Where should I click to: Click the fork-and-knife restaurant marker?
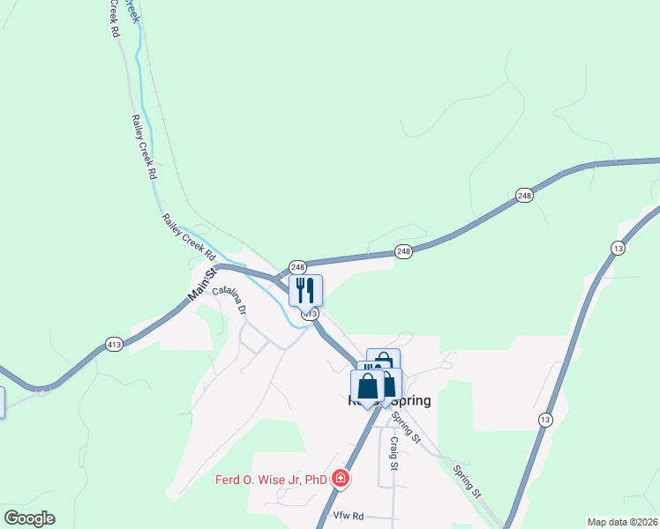305,290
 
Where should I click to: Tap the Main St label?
202,284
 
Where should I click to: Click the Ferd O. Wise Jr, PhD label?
271,481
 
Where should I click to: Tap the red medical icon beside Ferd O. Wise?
340,480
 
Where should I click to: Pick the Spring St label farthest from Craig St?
468,481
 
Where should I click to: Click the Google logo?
28,518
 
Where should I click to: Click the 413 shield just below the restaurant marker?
309,314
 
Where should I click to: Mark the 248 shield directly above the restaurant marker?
297,266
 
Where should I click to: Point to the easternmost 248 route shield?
524,196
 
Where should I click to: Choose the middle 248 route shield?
403,251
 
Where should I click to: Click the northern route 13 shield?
618,250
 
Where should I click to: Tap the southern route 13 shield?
546,420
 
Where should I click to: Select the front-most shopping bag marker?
367,386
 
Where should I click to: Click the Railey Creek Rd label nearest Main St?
188,236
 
